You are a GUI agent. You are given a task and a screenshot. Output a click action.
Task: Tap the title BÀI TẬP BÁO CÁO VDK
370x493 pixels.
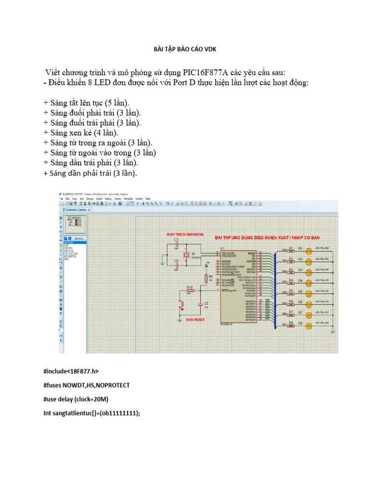185,49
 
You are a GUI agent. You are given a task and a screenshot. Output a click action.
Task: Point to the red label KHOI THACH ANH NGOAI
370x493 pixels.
185,234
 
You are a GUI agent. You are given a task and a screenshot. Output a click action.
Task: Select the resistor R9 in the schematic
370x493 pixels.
206,278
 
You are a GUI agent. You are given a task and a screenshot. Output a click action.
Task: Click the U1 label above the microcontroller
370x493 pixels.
222,248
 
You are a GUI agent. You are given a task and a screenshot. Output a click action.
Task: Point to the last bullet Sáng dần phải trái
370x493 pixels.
90,173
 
